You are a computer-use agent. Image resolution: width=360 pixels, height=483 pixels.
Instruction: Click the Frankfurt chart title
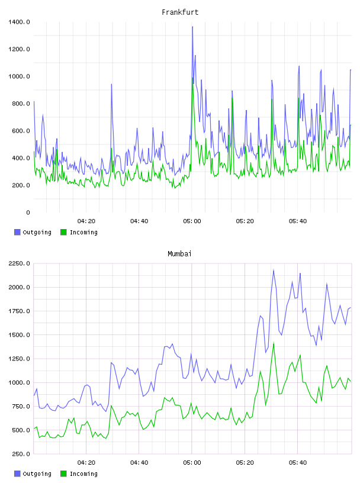[x=180, y=12]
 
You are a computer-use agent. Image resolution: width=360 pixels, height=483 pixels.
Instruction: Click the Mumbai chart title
[x=179, y=254]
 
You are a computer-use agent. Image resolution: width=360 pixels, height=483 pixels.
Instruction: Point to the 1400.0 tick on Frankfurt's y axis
[x=19, y=22]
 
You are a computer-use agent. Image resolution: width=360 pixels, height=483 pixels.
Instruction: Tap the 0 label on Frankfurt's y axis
[x=28, y=212]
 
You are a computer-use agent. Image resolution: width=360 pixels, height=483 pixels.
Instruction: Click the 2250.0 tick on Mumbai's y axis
[x=19, y=263]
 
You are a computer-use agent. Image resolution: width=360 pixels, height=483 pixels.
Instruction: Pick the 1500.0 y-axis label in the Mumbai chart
[x=19, y=335]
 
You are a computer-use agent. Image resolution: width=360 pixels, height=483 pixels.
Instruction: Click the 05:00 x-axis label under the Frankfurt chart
[x=192, y=221]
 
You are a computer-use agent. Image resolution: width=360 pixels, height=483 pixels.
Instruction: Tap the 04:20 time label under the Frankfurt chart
[x=86, y=221]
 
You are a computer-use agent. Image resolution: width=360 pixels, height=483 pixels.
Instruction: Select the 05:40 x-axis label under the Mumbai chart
[x=298, y=463]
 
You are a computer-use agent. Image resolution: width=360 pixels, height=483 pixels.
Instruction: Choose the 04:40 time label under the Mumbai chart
[x=139, y=463]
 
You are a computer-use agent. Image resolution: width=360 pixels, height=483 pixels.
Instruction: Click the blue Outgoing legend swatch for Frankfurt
[x=17, y=232]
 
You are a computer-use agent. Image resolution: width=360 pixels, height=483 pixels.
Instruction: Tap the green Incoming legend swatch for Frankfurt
[x=63, y=232]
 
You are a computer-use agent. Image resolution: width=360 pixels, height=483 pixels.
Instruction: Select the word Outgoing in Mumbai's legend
[x=37, y=474]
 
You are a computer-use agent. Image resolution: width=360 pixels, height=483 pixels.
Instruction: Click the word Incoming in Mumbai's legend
[x=83, y=474]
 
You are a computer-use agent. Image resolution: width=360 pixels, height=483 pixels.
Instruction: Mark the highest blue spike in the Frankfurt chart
[x=192, y=27]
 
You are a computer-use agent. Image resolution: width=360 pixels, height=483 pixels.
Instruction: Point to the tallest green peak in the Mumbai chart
[x=274, y=343]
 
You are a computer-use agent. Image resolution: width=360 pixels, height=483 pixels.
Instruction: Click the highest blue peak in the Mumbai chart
[x=274, y=270]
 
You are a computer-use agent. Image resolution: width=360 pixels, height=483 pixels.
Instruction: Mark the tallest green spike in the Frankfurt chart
[x=193, y=78]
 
